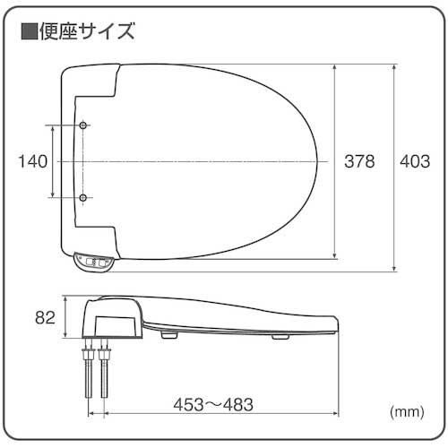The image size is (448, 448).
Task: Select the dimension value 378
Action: [360, 161]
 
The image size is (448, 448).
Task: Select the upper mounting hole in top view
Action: [83, 125]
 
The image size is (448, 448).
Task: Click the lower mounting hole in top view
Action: [83, 197]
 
